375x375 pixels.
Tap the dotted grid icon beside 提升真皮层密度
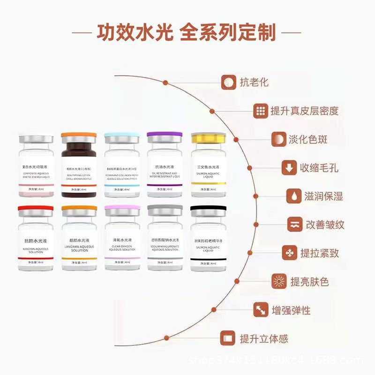260,111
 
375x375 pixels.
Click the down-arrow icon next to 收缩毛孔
287,167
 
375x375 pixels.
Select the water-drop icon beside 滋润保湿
293,195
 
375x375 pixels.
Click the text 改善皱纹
325,224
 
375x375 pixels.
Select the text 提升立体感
264,338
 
